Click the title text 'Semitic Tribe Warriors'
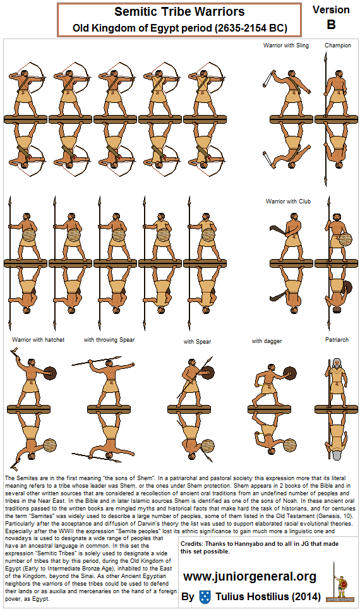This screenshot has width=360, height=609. tap(179, 12)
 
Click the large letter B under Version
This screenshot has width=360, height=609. tap(331, 25)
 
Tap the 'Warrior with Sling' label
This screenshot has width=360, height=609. tap(286, 45)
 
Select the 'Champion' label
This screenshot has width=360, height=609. tap(338, 45)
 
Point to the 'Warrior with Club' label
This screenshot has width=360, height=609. tap(289, 202)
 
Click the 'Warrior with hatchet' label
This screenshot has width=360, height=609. tap(38, 340)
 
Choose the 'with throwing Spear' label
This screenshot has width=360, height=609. tap(109, 340)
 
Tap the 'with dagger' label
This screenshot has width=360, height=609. tap(266, 341)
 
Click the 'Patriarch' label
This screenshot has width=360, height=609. tap(337, 340)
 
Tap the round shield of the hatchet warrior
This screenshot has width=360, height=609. tap(49, 373)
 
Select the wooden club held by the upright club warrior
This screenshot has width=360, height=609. tap(277, 228)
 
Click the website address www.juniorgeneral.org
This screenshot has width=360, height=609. tap(249, 577)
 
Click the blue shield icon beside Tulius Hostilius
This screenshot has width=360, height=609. tap(204, 596)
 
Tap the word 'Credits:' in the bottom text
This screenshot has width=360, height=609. tap(193, 543)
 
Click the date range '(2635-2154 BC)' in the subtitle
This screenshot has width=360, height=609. tap(251, 28)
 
